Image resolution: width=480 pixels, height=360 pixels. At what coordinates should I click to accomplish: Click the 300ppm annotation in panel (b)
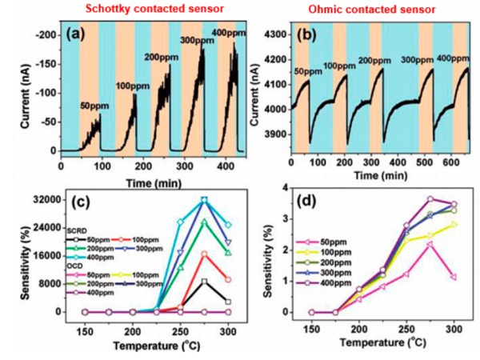[x=416, y=60]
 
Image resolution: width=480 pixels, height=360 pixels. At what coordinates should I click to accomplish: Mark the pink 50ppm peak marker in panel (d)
[x=430, y=242]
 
